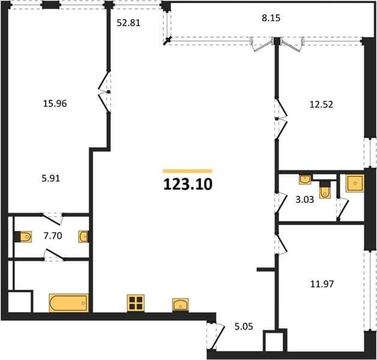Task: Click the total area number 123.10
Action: point(188,185)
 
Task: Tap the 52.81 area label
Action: point(128,23)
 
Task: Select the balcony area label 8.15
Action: point(271,18)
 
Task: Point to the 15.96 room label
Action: point(55,104)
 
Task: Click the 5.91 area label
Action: point(51,178)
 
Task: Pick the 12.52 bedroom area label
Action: point(321,104)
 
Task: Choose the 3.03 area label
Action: point(304,199)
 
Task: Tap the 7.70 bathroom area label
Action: point(53,236)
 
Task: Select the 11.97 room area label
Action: point(322,284)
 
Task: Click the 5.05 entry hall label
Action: point(244,326)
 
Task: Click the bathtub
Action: point(69,303)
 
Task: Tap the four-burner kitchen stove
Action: point(136,303)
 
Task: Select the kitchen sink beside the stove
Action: point(180,305)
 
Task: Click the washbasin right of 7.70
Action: point(83,236)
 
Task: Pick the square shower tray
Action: point(355,184)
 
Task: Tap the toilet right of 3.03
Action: point(325,189)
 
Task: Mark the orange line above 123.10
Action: point(187,171)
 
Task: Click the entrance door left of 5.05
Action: point(216,336)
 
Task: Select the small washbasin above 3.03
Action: point(305,179)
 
